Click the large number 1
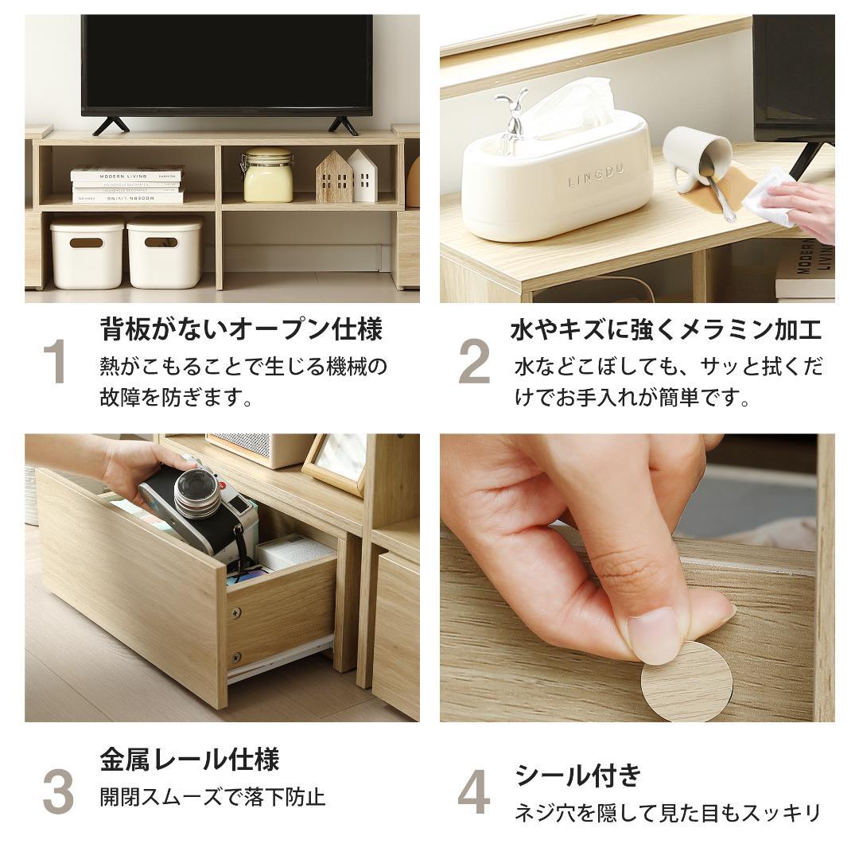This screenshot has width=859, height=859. [x=55, y=362]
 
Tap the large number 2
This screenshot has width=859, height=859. [x=474, y=362]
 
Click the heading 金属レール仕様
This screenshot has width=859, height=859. [x=189, y=760]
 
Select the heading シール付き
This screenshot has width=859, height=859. [x=577, y=775]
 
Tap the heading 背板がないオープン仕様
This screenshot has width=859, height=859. [x=241, y=328]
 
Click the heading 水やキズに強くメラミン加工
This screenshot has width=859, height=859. [x=666, y=329]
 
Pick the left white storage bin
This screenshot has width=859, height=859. [x=87, y=253]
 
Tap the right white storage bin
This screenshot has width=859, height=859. [x=165, y=253]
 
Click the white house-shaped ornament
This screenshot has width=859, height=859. [x=363, y=176]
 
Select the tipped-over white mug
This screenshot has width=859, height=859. [x=695, y=155]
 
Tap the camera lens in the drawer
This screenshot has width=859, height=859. [x=197, y=493]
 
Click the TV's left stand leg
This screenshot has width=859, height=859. [x=111, y=126]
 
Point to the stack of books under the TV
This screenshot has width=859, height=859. [x=127, y=185]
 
